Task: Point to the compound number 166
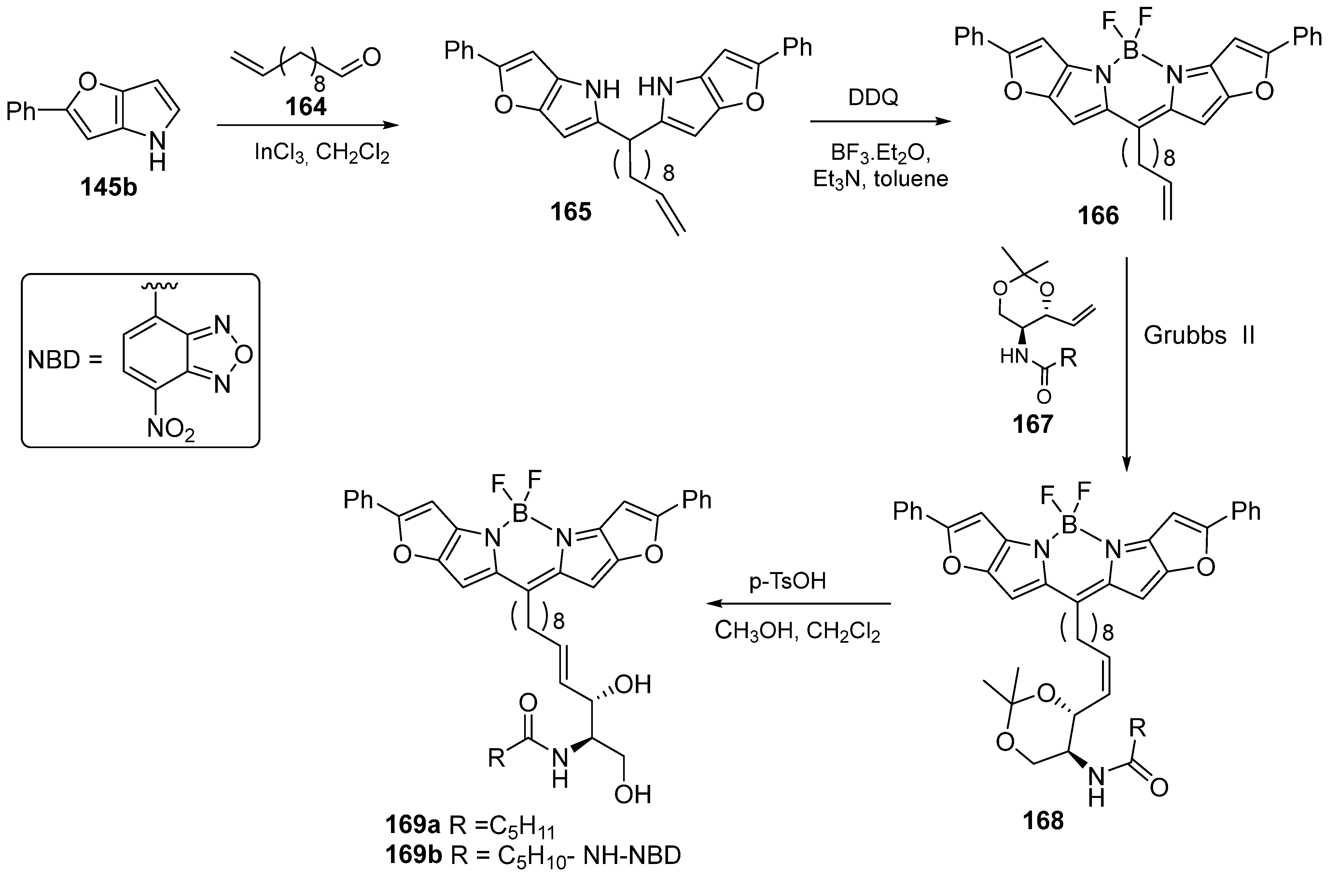coord(1098,215)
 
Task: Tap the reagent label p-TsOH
coord(787,581)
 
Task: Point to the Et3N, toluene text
coord(881,179)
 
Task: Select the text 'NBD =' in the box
coord(65,360)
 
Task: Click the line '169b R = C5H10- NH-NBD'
coord(533,856)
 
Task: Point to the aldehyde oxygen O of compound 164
coord(372,57)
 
